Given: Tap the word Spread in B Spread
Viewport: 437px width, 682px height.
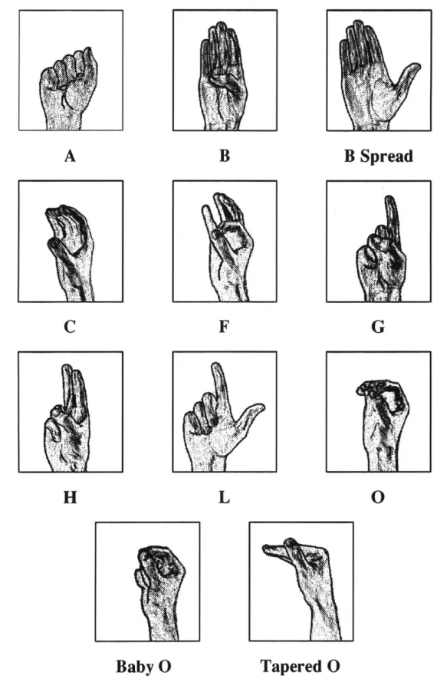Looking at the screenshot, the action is pos(386,156).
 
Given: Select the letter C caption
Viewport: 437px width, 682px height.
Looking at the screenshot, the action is pos(70,326).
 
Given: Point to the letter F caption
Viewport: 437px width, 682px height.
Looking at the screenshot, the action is pos(224,326).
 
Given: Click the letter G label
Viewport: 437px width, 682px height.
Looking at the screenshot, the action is pos(377,326).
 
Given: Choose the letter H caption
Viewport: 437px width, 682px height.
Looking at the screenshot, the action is pos(70,497).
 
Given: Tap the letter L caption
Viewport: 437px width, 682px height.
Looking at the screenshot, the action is pos(224,497).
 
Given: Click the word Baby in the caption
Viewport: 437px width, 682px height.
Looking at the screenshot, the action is pos(130,667).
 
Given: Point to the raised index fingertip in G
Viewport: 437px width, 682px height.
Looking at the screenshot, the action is pos(390,201).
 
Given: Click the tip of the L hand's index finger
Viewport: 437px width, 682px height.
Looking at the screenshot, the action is pos(215,367).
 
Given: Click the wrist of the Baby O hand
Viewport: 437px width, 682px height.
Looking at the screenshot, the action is pos(161,618).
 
